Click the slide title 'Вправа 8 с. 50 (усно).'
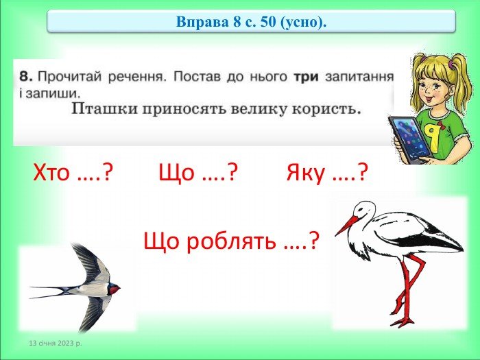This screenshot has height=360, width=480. [x=251, y=21]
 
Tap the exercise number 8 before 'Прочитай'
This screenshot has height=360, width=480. [x=24, y=75]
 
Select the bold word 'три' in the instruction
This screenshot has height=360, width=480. [x=306, y=75]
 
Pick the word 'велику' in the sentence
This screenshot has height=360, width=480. [x=248, y=108]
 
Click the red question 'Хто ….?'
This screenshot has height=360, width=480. [x=73, y=173]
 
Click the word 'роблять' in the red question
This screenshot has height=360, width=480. [x=230, y=241]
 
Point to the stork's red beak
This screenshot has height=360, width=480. [x=346, y=225]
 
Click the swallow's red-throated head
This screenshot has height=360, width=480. [x=112, y=289]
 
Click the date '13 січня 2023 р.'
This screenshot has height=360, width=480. [x=55, y=341]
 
